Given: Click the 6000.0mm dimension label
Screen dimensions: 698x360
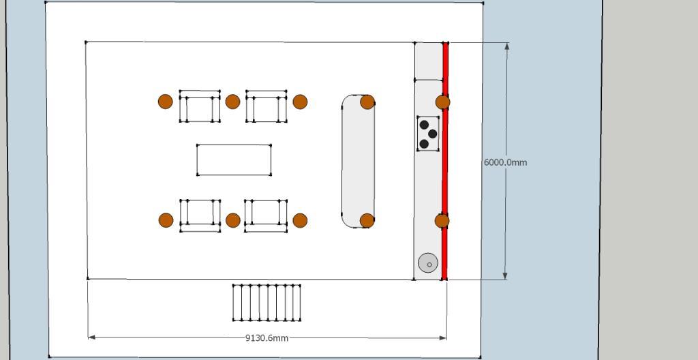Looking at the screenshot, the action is [x=505, y=163].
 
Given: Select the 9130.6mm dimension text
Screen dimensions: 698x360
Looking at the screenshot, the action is [x=267, y=338].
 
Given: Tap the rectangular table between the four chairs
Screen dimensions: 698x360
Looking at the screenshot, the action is [x=234, y=160].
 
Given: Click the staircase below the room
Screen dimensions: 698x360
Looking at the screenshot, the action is [x=267, y=303].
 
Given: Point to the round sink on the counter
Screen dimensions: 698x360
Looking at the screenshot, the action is [x=428, y=263].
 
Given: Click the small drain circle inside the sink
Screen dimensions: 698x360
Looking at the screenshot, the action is [x=429, y=265].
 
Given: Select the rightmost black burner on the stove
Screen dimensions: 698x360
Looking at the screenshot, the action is [x=433, y=134].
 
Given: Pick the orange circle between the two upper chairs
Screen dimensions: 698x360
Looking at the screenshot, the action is [x=233, y=102].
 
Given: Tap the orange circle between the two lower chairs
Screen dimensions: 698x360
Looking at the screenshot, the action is [x=233, y=220].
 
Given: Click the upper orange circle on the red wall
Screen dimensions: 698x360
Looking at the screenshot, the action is [x=442, y=102].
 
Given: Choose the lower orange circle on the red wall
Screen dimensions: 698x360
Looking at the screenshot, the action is [x=442, y=220].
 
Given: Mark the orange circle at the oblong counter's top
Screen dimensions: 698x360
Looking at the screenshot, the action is [x=367, y=102].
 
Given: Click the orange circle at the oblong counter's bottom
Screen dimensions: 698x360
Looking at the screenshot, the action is [x=367, y=220].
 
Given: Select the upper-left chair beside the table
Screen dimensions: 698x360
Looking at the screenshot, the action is [x=200, y=106].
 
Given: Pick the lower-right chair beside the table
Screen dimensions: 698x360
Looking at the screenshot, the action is [x=266, y=215].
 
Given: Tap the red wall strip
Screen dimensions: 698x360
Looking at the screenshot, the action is [x=444, y=162].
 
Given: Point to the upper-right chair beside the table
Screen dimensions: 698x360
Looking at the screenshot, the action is [x=267, y=106].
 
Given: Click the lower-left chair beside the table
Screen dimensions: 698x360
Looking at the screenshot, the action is [x=200, y=215].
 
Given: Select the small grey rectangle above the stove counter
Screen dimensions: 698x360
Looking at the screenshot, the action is [x=428, y=61].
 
